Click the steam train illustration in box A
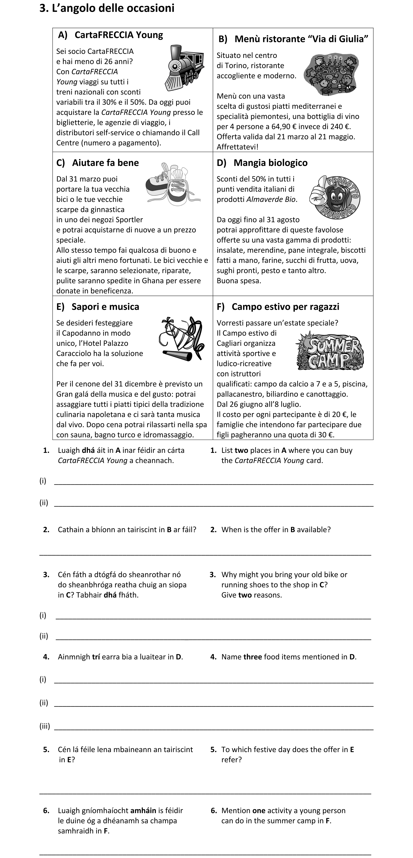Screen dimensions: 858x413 (185, 68)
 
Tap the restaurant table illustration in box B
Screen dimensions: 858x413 (331, 74)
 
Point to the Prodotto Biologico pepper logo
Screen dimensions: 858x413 (334, 197)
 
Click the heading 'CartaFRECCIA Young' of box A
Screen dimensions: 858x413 (119, 35)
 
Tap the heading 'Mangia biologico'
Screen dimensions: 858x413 (270, 163)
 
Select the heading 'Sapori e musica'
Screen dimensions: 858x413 (105, 307)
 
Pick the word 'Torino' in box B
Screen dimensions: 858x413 (236, 66)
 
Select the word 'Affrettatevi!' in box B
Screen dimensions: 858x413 (237, 147)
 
